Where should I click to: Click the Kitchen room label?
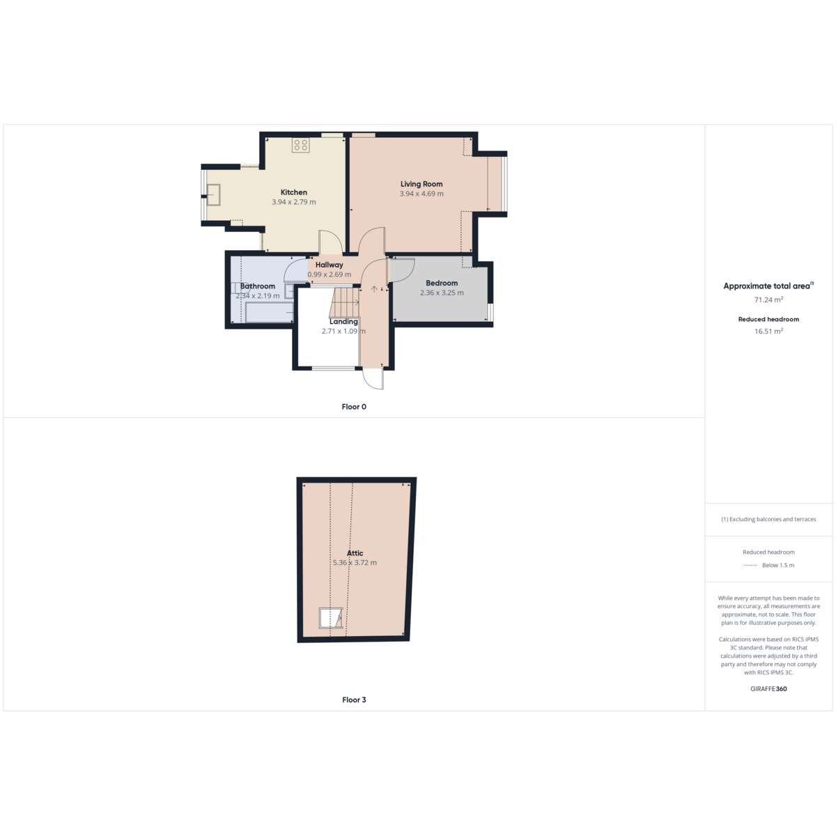(294, 192)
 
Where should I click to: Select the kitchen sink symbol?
(213, 195)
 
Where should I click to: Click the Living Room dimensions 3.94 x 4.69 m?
(421, 194)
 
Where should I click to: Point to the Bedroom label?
(442, 283)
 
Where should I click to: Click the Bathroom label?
(258, 286)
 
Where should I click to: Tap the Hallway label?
(330, 265)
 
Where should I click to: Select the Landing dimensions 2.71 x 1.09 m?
(343, 331)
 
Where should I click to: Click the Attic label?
(355, 553)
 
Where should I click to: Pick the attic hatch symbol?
(331, 618)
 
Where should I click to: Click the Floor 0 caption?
(354, 406)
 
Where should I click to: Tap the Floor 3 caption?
(354, 699)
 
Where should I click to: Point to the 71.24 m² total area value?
(768, 300)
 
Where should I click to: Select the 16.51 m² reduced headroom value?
(768, 331)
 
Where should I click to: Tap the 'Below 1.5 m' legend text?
(778, 565)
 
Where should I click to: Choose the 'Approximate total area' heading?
(766, 286)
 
